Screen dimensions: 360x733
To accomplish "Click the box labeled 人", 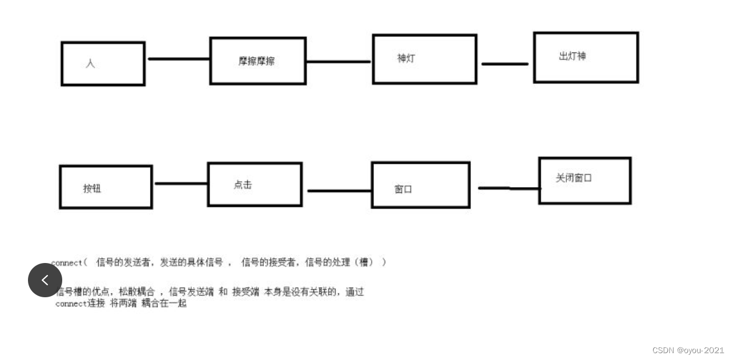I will click(x=103, y=63).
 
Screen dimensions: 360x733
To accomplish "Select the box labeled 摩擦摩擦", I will click(x=257, y=60).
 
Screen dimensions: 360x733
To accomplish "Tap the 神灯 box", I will click(x=424, y=59).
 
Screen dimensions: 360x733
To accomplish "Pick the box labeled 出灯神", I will click(x=586, y=57).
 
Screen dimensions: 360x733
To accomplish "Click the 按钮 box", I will click(x=106, y=187).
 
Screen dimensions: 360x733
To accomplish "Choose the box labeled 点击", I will click(x=255, y=184).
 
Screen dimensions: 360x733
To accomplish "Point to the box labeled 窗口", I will click(x=420, y=185).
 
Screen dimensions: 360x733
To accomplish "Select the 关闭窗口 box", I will click(x=585, y=180).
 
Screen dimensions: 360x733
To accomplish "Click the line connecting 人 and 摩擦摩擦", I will click(x=178, y=58).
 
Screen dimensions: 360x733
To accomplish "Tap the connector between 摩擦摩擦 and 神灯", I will click(x=339, y=61).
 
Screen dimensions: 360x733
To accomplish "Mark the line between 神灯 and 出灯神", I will click(x=505, y=64).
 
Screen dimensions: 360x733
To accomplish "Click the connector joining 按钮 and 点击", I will click(x=180, y=183).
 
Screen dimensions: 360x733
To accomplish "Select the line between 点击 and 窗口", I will click(x=339, y=191).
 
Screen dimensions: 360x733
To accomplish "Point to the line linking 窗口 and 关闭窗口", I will click(x=508, y=188).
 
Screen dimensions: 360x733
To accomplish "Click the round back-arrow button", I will click(x=45, y=280).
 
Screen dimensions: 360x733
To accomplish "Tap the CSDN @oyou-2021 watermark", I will click(x=688, y=350).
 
